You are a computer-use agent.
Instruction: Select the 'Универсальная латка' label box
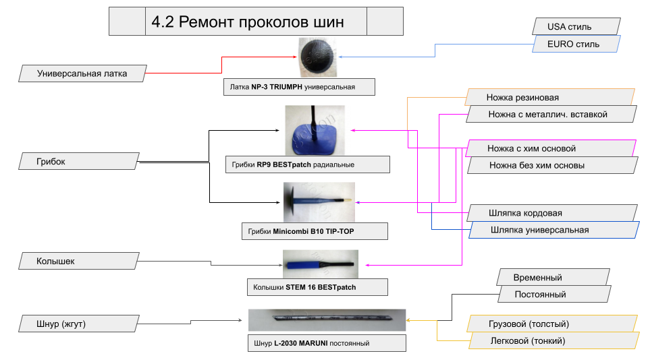click(82, 73)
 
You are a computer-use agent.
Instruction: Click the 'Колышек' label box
click(78, 260)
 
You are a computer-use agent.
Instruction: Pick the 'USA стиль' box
click(574, 27)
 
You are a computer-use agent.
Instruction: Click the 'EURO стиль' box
click(574, 44)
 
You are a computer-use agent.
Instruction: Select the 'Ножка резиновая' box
click(549, 97)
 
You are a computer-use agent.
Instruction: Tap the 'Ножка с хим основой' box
click(551, 148)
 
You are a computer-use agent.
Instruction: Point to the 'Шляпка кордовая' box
click(551, 213)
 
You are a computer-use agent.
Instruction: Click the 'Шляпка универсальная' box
click(554, 230)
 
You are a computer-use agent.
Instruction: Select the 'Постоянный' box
click(553, 294)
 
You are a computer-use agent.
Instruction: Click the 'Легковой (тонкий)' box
click(553, 341)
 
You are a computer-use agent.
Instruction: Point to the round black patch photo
click(318, 57)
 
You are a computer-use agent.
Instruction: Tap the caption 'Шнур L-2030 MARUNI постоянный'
click(327, 343)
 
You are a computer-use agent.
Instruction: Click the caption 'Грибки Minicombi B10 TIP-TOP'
click(315, 231)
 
